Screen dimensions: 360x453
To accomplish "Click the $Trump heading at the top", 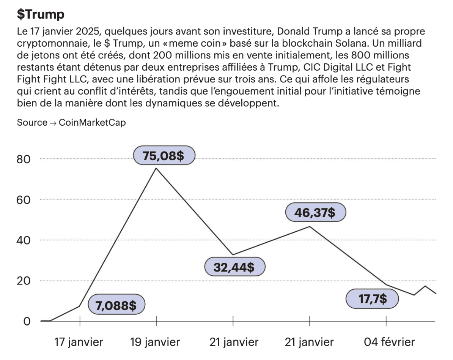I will pos(41,14).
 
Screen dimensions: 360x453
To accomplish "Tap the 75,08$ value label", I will pos(164,156).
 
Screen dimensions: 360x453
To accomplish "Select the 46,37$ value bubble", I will pos(315,213).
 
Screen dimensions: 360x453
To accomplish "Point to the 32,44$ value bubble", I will pos(234,267).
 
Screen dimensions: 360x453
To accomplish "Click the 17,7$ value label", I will pos(372,299).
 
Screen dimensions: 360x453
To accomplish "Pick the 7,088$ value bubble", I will pos(116,305).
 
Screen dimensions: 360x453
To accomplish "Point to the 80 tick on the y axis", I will pos(24,159).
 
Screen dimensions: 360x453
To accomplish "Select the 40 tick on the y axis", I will pos(24,240).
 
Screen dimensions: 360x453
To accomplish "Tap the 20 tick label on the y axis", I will pos(24,281).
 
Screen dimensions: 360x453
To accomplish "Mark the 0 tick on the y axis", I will pos(27,321).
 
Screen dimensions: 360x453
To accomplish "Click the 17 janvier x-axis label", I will pos(79,342).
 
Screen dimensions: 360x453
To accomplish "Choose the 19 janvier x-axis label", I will pos(155,342).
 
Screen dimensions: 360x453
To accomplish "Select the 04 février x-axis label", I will pos(389,342).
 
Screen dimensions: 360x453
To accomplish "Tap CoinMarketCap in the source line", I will pos(92,123).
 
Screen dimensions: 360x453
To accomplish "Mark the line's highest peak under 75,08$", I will pos(156,168).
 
